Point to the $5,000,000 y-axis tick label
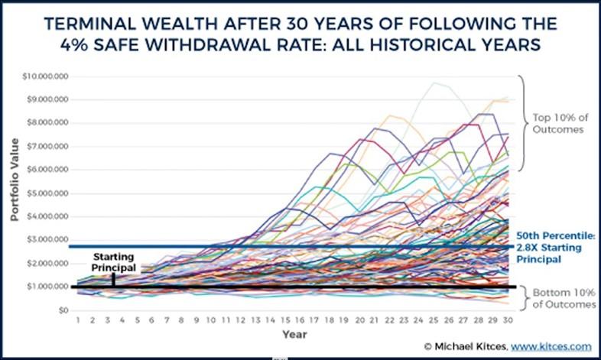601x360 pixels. coord(48,193)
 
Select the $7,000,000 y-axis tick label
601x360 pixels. coord(48,147)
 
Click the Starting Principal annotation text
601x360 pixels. coord(112,264)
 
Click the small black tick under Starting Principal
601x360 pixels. coord(112,279)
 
